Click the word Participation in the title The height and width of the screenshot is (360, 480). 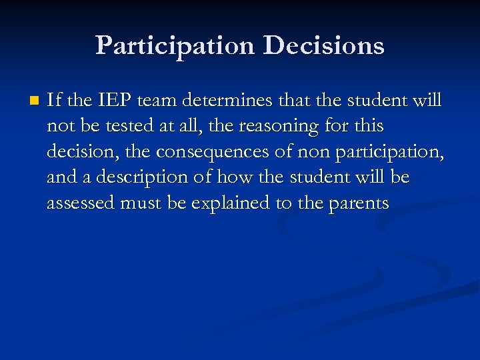point(175,46)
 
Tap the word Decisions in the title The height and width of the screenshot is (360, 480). point(323,46)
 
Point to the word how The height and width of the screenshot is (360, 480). point(234,177)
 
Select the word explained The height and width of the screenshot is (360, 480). point(232,203)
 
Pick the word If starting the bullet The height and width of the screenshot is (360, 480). point(55,101)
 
